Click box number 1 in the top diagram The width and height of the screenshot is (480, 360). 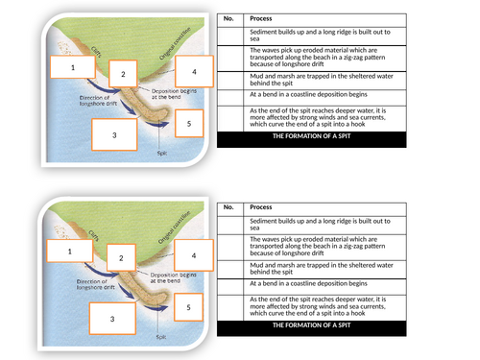click(x=70, y=68)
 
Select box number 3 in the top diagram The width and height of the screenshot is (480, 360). click(x=114, y=135)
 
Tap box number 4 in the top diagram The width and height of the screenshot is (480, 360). click(x=194, y=73)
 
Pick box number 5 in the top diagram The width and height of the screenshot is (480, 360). click(x=189, y=124)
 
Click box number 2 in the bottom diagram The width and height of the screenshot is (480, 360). click(x=121, y=258)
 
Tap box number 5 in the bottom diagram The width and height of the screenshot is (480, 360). click(x=189, y=307)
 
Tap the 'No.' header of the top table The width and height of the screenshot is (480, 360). click(x=228, y=18)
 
